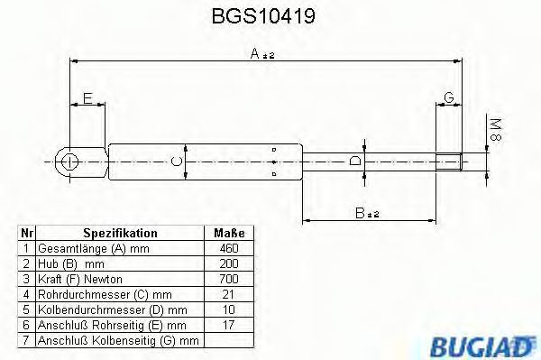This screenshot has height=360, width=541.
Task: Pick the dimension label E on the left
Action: pyautogui.click(x=87, y=97)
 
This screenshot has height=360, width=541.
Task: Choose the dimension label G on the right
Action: pyautogui.click(x=448, y=97)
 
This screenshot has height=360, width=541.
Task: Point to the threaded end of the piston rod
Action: pyautogui.click(x=450, y=162)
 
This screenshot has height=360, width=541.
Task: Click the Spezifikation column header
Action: pyautogui.click(x=120, y=233)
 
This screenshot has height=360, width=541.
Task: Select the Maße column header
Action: pyautogui.click(x=228, y=233)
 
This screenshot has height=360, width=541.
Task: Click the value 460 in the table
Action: pyautogui.click(x=228, y=248)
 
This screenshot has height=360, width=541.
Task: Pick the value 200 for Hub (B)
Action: pyautogui.click(x=228, y=263)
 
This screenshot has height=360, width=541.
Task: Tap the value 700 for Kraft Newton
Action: pyautogui.click(x=228, y=279)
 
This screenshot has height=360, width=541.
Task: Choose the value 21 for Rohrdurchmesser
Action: pyautogui.click(x=228, y=294)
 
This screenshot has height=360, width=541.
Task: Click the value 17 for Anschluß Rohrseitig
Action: pyautogui.click(x=228, y=325)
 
